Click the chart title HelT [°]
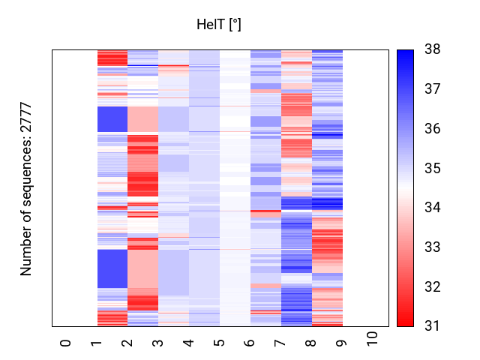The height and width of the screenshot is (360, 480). (218, 25)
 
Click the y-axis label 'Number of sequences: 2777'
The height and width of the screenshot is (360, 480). (26, 188)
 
